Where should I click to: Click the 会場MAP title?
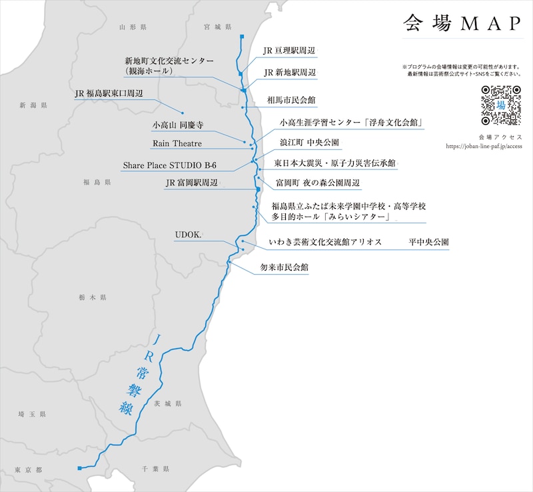[462, 23]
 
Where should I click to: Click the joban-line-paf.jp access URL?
[483, 146]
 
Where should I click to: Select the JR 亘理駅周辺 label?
[288, 51]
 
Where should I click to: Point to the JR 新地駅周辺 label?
[289, 72]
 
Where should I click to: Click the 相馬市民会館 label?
[291, 100]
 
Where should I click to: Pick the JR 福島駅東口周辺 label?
[110, 94]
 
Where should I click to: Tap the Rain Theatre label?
[177, 143]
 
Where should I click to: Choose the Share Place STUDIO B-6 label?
[169, 165]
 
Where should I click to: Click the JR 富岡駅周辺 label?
[191, 183]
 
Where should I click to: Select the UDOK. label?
[189, 235]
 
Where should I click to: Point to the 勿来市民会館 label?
[284, 267]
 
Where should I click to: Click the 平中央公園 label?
[429, 243]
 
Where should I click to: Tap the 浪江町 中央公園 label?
[309, 143]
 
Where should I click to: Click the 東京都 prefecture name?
[29, 470]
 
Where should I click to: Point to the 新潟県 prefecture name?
[33, 105]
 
